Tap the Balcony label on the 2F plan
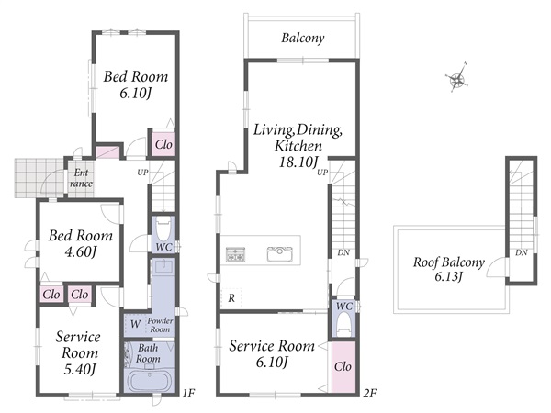coord(302,38)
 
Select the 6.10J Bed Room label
coord(136,85)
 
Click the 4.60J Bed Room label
coord(81,244)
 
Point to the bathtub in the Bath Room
coord(149,380)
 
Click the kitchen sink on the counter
coord(279,254)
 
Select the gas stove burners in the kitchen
coord(235,254)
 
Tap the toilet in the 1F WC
coord(163,229)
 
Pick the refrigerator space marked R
coord(231,298)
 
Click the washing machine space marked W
coord(135,324)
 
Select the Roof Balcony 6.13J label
coord(448,269)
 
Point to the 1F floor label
coord(188,393)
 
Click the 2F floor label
coord(370,393)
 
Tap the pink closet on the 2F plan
coord(343,366)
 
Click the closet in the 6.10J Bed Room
coord(163,144)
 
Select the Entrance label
coord(81,178)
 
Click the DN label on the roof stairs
coord(522,252)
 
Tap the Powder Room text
coord(160,325)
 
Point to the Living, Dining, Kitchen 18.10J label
coord(298,145)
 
